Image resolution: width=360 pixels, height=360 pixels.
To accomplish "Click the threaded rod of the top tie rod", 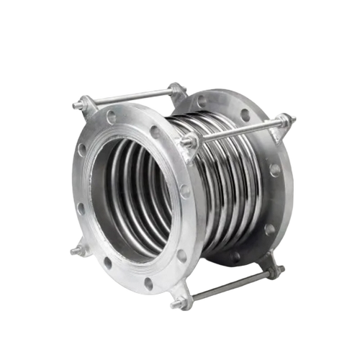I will click(x=130, y=96).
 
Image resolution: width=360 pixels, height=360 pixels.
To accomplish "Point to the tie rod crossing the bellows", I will click(x=238, y=130).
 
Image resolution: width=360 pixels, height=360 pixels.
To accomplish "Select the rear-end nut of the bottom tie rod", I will click(x=274, y=271).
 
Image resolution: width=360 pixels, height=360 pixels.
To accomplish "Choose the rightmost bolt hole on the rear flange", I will click(x=275, y=170).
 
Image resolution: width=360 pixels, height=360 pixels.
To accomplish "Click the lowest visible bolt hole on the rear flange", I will click(x=235, y=256).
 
